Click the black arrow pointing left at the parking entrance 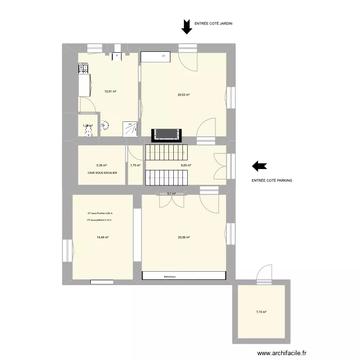pos(260,166)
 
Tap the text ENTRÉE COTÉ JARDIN pos(214,23)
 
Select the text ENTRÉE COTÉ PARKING pos(272,180)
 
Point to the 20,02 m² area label pos(184,95)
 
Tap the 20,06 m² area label pos(184,237)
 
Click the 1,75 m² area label pos(135,166)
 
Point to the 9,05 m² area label pos(186,166)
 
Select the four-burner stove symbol pos(84,70)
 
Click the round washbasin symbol pos(105,126)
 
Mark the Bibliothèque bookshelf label pos(169,276)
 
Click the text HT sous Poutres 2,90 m pos(100,213)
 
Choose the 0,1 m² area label pos(171,193)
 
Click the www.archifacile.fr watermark pos(275,352)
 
